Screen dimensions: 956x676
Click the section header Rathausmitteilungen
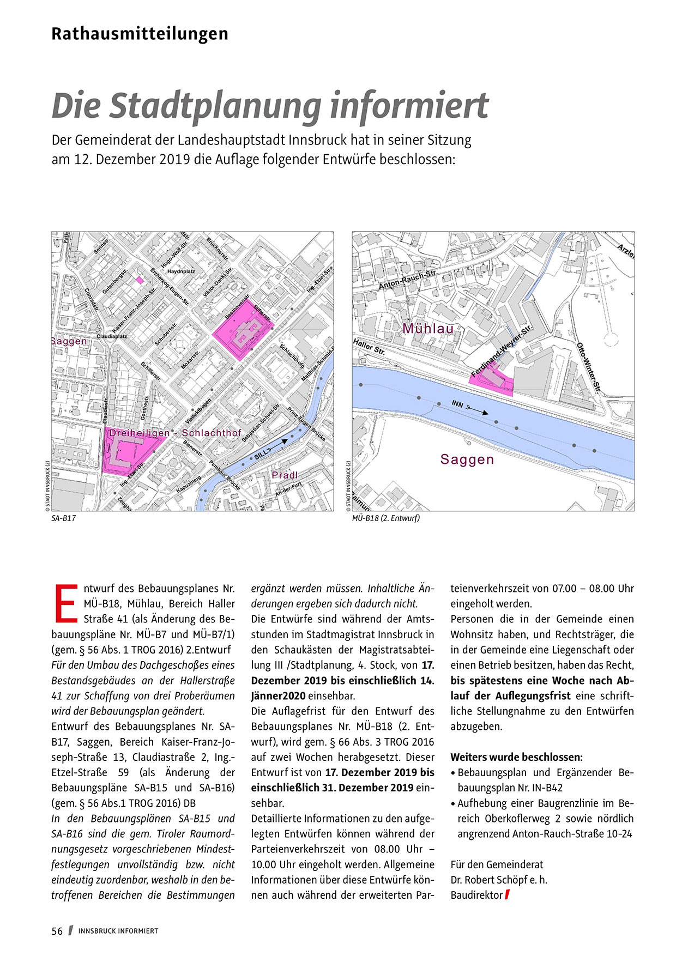tap(140, 34)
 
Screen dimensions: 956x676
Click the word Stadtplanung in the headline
tap(215, 106)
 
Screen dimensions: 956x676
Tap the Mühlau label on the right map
tap(428, 329)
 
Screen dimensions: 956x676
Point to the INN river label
tap(458, 404)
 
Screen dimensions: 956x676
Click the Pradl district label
tap(285, 475)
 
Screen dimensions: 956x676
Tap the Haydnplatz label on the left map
tap(181, 271)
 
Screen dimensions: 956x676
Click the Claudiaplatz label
tap(112, 336)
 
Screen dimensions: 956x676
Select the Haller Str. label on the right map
tap(369, 348)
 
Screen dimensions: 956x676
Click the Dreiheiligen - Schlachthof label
tap(175, 433)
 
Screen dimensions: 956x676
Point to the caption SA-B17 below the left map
tap(63, 518)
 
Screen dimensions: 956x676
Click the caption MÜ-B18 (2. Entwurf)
tap(386, 518)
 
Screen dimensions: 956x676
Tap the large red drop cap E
tap(65, 603)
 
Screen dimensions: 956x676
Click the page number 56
tap(57, 931)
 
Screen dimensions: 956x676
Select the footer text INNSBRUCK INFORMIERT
tap(118, 931)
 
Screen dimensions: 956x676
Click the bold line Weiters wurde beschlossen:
tap(516, 757)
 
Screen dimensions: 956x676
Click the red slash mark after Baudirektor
tap(507, 894)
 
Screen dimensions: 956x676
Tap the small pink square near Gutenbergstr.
tap(140, 280)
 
